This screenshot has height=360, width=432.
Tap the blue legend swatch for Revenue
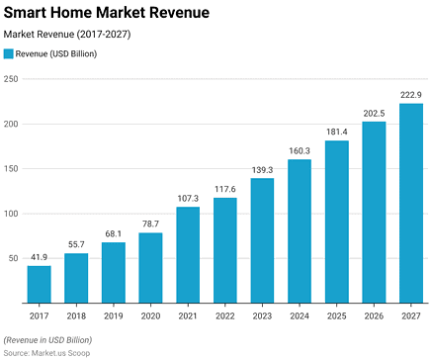point(10,54)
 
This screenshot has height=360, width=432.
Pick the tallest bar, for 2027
point(411,203)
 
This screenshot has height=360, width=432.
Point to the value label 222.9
point(411,95)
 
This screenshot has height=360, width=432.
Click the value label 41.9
point(40,257)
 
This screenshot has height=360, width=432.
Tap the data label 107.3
point(189,199)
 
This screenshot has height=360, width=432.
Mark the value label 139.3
point(263,170)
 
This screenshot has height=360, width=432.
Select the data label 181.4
point(337,133)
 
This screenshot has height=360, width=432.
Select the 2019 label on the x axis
point(114,316)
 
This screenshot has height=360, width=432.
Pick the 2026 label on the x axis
point(374,316)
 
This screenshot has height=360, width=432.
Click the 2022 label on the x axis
point(225,316)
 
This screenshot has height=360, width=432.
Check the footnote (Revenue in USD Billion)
point(47,339)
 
